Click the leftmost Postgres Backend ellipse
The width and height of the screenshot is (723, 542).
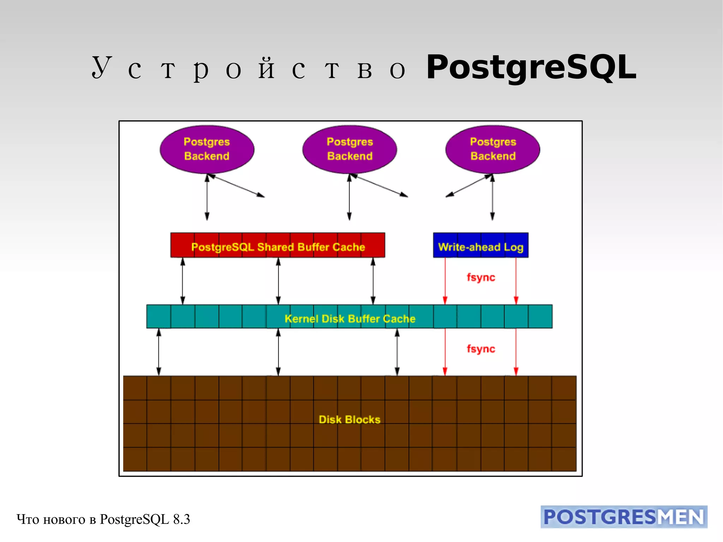(x=207, y=149)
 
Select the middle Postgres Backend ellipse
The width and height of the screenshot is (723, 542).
(x=349, y=149)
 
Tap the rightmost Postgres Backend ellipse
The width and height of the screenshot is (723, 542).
(x=493, y=149)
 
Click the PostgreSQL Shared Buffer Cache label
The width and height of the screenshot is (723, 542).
(x=278, y=247)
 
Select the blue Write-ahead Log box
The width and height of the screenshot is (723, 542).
(x=480, y=245)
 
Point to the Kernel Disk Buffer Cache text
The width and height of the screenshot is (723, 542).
(x=350, y=318)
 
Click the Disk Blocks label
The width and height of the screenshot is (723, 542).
(x=349, y=419)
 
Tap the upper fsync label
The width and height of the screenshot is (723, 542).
(x=481, y=277)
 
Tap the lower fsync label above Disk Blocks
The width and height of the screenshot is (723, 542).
(x=481, y=349)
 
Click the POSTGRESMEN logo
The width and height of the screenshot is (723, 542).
(x=624, y=517)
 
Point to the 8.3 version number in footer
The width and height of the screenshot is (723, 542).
(x=181, y=519)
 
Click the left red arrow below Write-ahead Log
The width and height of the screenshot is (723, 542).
(x=445, y=281)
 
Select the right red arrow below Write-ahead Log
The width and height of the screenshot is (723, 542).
(x=516, y=281)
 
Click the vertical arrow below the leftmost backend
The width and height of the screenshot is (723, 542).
(x=207, y=198)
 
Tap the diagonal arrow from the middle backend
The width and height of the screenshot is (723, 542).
(x=379, y=186)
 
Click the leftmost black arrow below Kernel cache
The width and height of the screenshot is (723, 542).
(x=159, y=352)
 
